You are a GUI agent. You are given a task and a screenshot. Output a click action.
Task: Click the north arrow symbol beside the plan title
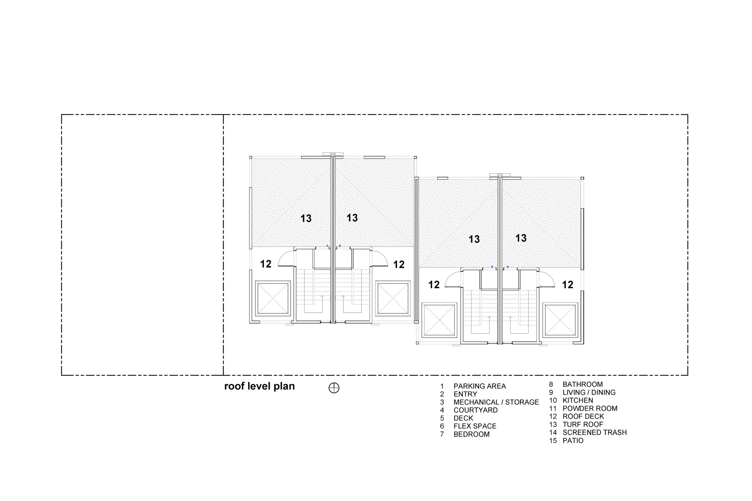[x=334, y=388]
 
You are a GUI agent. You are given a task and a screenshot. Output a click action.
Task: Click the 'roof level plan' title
[x=259, y=386]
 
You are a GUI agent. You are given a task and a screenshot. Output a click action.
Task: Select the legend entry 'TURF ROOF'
[x=583, y=424]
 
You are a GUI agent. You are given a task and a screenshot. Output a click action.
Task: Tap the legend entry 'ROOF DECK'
[x=583, y=416]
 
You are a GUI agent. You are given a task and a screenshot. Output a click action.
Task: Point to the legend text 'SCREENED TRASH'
[x=594, y=433]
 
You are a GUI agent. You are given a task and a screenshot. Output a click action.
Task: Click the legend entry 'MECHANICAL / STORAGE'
[x=496, y=402]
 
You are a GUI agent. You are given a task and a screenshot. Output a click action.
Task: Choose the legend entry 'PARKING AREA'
[x=479, y=386]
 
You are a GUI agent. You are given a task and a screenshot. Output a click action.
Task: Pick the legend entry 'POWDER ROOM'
[x=590, y=409]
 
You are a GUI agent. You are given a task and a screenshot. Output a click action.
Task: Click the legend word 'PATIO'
[x=573, y=440]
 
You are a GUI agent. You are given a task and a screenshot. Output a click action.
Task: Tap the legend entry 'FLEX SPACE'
[x=475, y=426]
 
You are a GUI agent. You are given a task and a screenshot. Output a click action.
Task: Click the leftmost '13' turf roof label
[x=306, y=218]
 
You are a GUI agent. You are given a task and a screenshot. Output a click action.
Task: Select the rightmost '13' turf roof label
[x=521, y=238]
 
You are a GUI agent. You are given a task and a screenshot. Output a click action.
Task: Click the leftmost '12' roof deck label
[x=266, y=264]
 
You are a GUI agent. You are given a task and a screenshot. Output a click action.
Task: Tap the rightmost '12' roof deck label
[x=568, y=285]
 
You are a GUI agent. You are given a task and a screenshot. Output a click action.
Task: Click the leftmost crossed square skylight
[x=273, y=298]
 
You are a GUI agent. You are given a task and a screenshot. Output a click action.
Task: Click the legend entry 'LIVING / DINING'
[x=589, y=392]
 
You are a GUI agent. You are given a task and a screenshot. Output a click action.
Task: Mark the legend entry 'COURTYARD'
[x=475, y=410]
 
